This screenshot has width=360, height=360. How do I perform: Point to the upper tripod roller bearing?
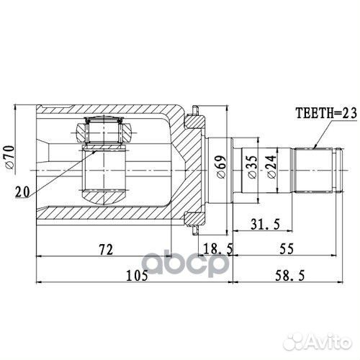[x=102, y=131]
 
